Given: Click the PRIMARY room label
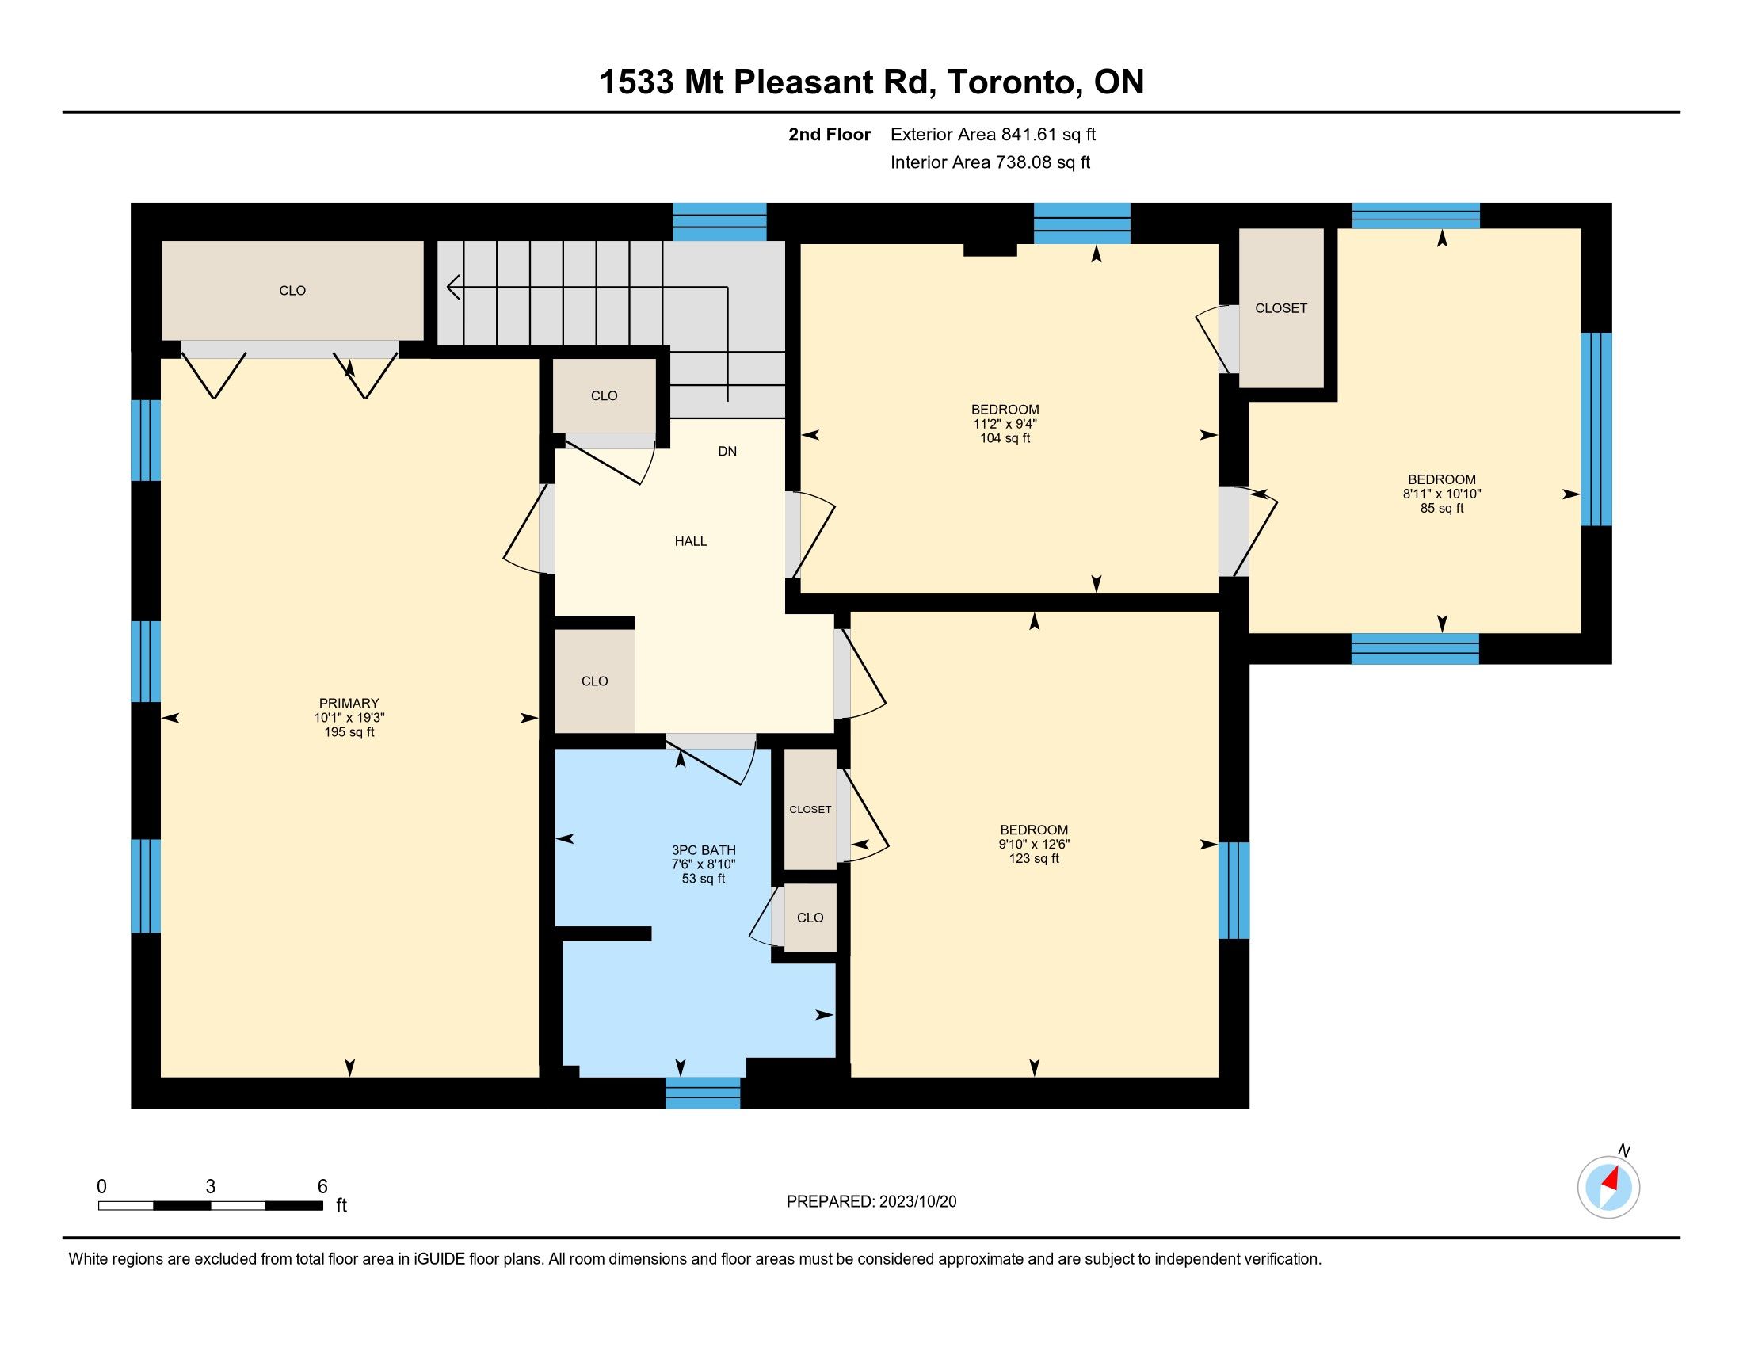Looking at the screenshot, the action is (x=349, y=703).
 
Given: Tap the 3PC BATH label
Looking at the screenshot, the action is (x=703, y=850).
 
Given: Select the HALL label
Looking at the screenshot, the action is (x=691, y=541).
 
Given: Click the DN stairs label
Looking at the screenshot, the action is (x=727, y=451).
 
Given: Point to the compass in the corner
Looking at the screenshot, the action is (x=1608, y=1187).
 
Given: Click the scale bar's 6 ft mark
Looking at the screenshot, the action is (x=322, y=1186).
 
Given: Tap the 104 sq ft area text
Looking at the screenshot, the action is (x=1005, y=438).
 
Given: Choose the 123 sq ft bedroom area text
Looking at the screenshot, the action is (x=1033, y=858).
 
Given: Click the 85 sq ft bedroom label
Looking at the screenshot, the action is (x=1441, y=508).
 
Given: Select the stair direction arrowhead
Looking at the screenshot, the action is (x=453, y=287).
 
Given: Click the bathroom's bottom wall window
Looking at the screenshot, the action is (x=702, y=1093).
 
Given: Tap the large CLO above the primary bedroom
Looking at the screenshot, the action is (x=292, y=291).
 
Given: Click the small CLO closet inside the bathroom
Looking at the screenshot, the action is (x=810, y=918).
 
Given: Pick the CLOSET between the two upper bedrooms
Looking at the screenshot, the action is (x=1281, y=308).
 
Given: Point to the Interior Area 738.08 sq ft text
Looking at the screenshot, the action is (x=990, y=162).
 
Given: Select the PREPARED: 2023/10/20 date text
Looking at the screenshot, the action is (x=871, y=1201).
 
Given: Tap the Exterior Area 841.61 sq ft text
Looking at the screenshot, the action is (x=994, y=134).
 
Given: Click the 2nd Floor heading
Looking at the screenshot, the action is (x=830, y=134).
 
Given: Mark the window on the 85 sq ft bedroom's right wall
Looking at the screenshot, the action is (x=1596, y=429).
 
